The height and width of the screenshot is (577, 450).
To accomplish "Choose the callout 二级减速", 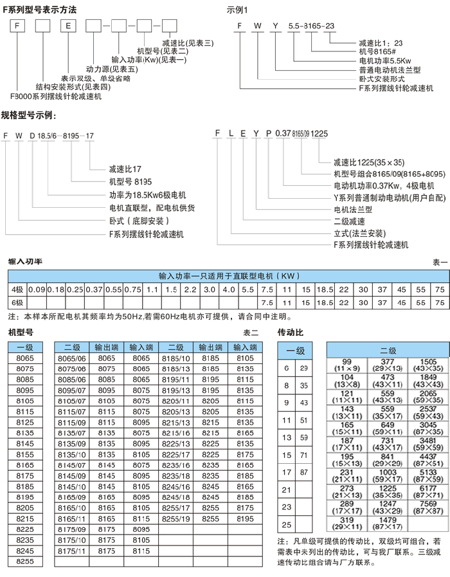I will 349,221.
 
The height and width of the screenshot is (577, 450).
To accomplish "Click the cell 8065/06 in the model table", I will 71,358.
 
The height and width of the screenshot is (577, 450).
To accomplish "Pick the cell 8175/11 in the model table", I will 71,551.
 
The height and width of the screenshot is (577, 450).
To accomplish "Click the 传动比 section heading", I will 290,333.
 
